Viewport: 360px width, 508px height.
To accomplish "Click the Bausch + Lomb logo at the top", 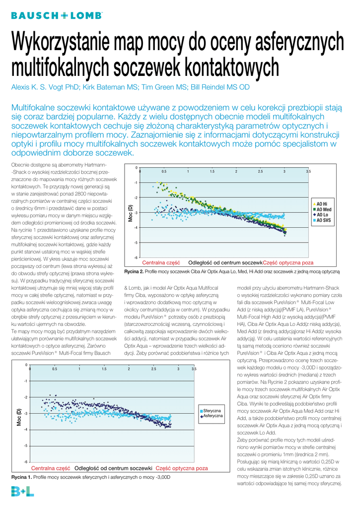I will coord(57,15).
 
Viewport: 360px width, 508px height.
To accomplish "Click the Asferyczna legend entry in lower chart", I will coord(213,416).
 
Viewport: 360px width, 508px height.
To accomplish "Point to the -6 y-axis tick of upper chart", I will coord(136,258).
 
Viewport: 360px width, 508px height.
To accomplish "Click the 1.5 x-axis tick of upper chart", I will coord(212,171).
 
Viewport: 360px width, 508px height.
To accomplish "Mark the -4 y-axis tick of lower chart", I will coord(25,430).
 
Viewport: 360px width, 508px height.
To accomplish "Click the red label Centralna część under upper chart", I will coord(161,262).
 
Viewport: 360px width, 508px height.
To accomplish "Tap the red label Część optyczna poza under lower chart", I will coord(182,468).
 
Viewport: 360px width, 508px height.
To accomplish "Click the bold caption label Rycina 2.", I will coord(134,272).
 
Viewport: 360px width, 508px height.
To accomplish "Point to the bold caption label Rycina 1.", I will coord(21,477).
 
